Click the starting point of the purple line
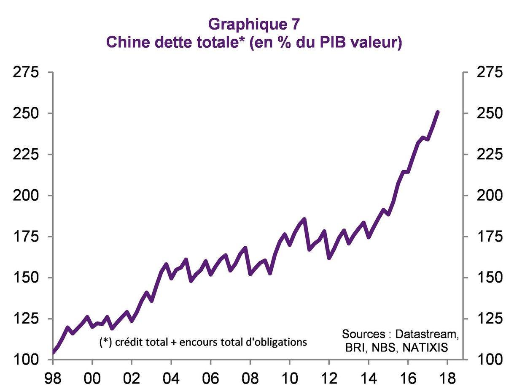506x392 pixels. tap(54, 351)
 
